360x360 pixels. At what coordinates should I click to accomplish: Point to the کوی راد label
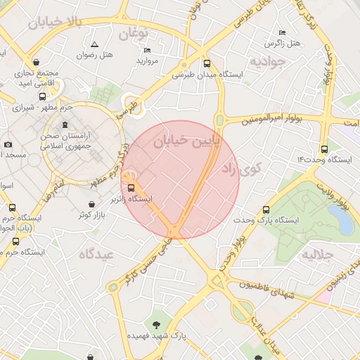coord(240,169)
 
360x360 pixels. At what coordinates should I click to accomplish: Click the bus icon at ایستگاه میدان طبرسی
coord(206,62)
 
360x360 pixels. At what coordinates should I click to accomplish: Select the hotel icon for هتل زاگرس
coord(283,32)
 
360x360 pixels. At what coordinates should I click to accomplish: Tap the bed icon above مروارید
coord(147,51)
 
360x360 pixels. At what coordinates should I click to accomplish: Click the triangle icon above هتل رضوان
coord(95,44)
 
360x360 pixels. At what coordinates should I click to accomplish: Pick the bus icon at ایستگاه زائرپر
coord(131,187)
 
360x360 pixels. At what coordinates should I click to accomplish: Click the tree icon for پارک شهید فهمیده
coord(156,325)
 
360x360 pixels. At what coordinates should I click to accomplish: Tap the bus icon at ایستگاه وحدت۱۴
coord(324,149)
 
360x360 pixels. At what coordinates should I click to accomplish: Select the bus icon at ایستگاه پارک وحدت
coord(265,210)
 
